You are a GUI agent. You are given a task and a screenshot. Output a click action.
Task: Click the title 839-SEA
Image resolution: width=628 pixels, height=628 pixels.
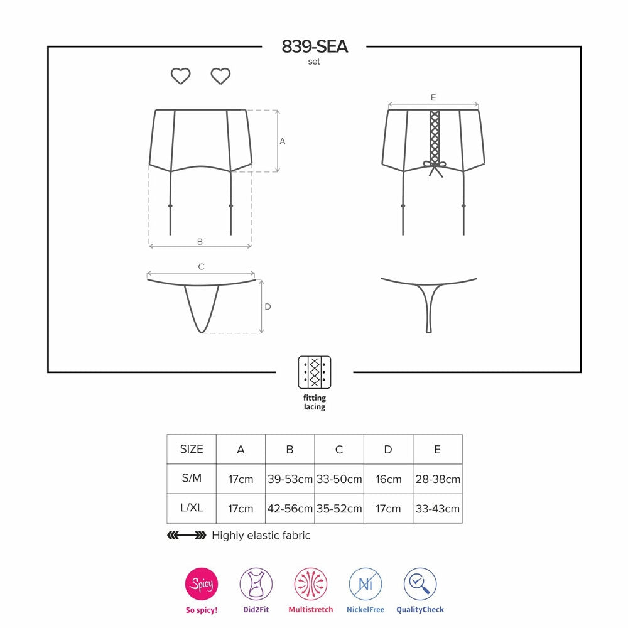[x=315, y=46]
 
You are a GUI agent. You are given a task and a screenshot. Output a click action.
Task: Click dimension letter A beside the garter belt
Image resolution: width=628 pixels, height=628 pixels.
[x=283, y=141]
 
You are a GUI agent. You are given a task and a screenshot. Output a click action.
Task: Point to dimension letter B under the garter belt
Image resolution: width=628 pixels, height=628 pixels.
[x=200, y=242]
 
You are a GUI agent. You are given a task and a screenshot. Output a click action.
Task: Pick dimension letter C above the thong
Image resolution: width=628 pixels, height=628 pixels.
[x=201, y=267]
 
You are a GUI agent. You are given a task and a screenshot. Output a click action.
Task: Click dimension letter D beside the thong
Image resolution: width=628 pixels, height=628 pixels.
[x=268, y=306]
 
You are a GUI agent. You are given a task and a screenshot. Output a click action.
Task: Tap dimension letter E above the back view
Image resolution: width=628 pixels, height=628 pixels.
[x=433, y=98]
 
